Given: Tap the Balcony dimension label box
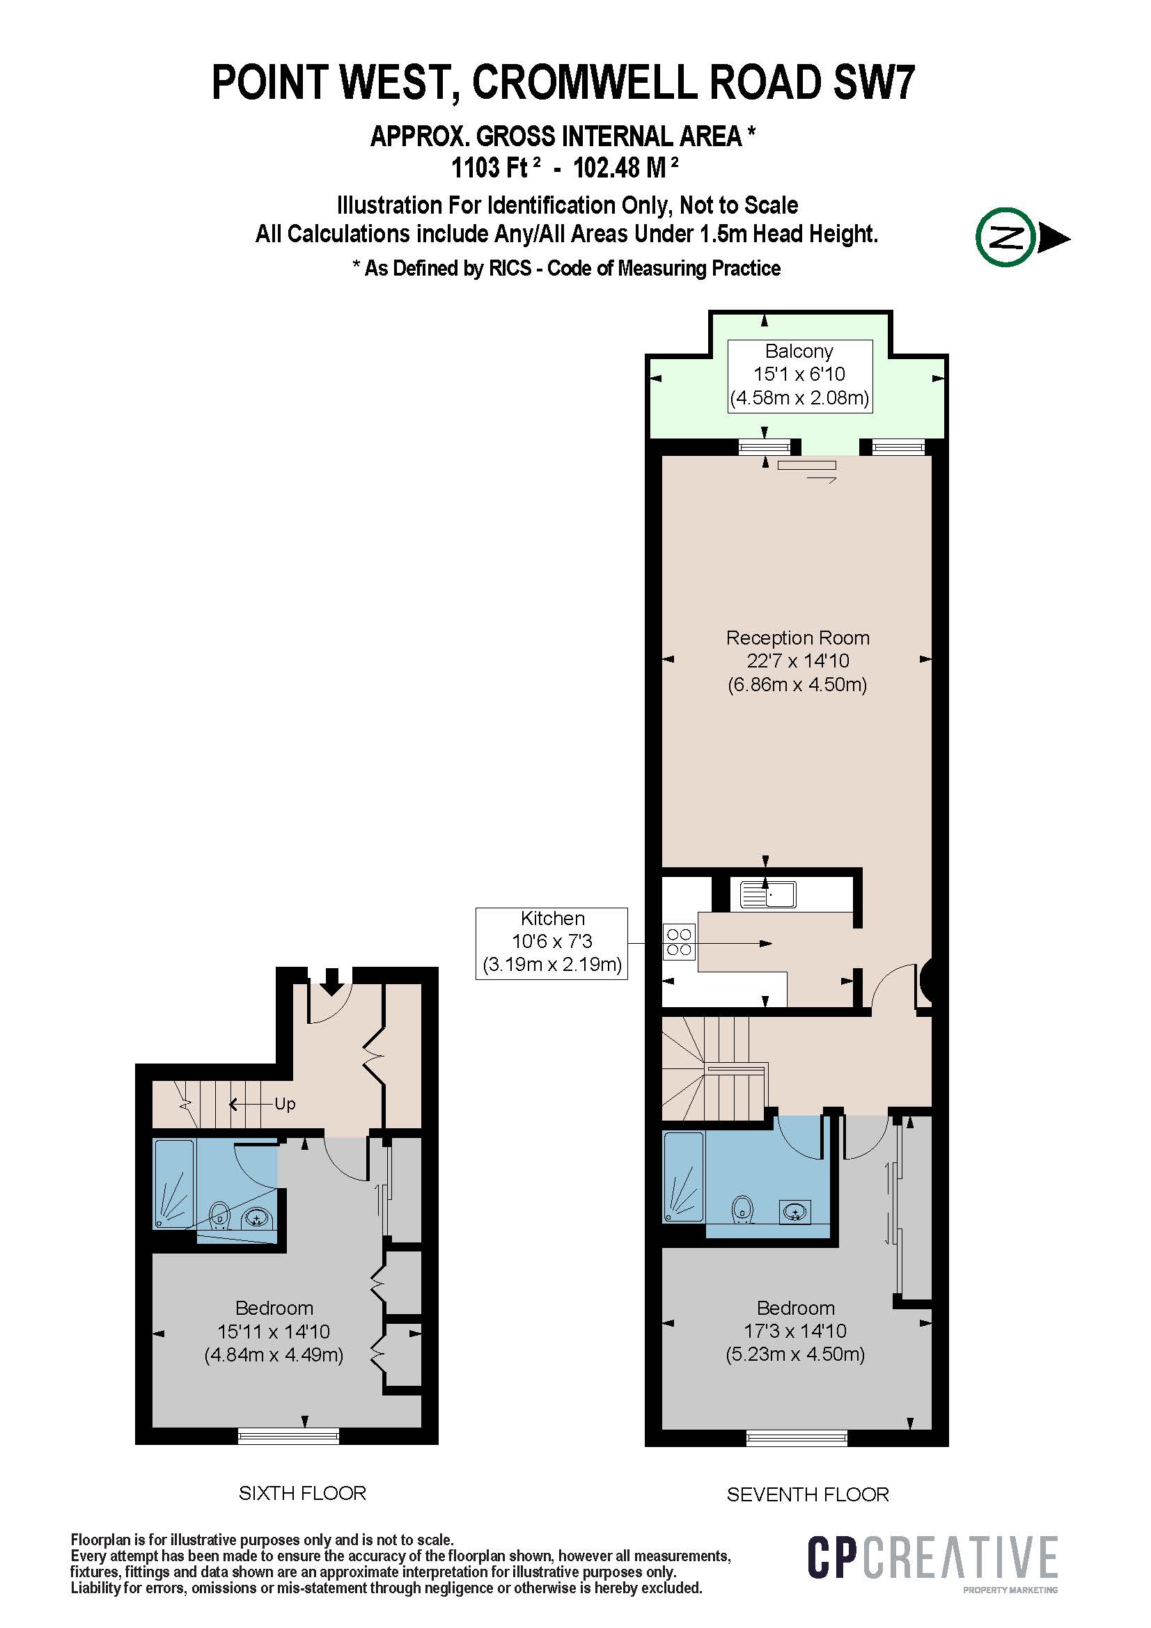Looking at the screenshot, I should tap(799, 375).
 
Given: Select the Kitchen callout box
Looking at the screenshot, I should tap(551, 944).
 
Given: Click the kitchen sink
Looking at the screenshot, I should tap(768, 895).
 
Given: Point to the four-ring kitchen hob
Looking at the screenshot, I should tap(679, 942).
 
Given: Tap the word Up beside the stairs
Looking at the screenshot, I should tap(285, 1104).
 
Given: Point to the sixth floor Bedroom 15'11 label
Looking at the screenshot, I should tap(274, 1331).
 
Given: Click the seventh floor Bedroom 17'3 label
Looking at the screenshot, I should tap(795, 1331).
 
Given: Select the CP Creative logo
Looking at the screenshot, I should tap(932, 1558).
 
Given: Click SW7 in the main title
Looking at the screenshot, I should tap(874, 82).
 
